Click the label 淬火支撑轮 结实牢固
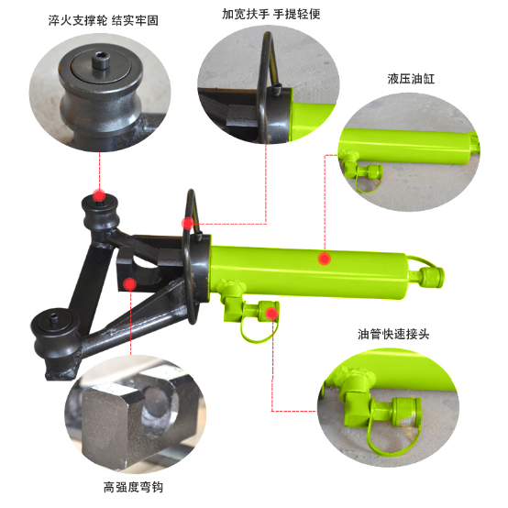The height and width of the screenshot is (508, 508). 104,21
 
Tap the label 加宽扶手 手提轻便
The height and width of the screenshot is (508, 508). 271,14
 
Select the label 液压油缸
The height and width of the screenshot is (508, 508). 411,79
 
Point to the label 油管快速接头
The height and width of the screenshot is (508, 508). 393,334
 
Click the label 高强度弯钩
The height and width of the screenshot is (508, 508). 133,487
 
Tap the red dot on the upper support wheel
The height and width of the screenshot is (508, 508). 99,195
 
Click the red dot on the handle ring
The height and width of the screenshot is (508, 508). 188,223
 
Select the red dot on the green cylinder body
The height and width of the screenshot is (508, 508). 324,259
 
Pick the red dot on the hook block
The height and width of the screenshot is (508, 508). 130,284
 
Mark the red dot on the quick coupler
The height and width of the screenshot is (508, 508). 271,314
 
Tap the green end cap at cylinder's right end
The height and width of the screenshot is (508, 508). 432,277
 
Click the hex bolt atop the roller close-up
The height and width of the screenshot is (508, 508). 101,61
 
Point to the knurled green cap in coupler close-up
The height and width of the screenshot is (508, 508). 406,412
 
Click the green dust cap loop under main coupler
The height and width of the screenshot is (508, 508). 259,330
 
